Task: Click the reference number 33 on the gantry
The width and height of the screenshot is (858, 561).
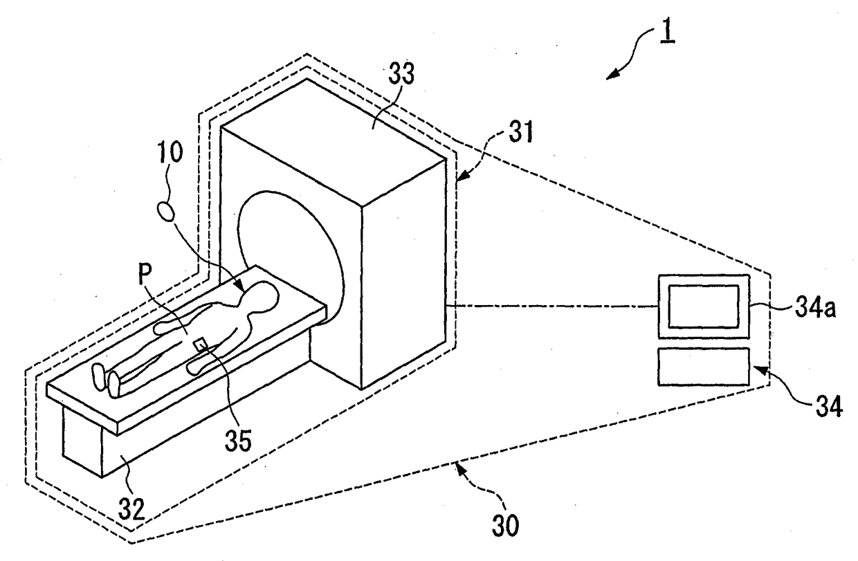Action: click(x=401, y=73)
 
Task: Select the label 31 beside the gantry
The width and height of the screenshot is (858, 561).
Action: click(x=520, y=131)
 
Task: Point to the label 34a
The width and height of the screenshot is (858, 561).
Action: click(x=815, y=309)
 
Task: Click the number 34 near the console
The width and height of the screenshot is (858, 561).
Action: click(x=829, y=407)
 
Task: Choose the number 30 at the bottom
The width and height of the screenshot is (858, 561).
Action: click(x=505, y=526)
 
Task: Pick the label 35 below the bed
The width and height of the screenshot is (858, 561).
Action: click(x=238, y=440)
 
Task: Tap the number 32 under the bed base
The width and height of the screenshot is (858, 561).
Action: click(x=131, y=508)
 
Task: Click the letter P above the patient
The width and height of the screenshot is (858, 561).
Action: click(x=145, y=274)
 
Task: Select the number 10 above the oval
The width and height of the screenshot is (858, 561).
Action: click(x=170, y=153)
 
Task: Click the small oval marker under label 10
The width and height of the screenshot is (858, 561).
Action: click(x=166, y=212)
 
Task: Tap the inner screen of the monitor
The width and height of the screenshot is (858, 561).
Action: click(x=703, y=306)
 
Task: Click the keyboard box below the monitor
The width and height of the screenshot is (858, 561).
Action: click(x=703, y=366)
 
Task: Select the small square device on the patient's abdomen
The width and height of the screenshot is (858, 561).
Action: click(x=201, y=344)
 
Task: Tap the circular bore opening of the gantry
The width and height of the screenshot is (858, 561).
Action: click(x=290, y=257)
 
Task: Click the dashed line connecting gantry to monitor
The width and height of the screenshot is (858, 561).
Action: click(x=551, y=306)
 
